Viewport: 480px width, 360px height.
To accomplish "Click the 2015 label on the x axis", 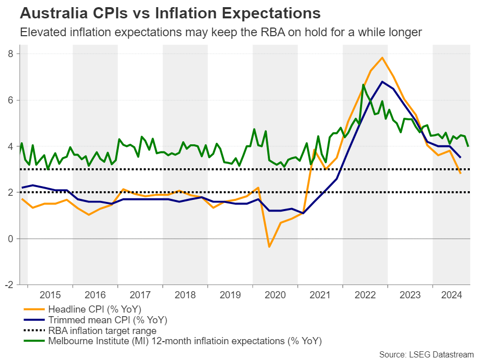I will [x=50, y=295].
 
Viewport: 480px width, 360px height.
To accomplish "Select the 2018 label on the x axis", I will [x=185, y=295].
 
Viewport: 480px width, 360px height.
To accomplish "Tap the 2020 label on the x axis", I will [x=275, y=295].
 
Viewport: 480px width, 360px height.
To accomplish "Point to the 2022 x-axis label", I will [x=365, y=295].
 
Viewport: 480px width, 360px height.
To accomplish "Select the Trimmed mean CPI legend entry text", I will [x=108, y=320].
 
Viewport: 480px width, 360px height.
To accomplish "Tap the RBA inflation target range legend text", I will [x=102, y=330].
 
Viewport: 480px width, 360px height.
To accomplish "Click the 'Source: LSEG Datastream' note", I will [x=426, y=354].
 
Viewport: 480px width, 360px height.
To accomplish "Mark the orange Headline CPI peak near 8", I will [x=382, y=58].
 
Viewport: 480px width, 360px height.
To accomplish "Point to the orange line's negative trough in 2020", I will [x=269, y=247].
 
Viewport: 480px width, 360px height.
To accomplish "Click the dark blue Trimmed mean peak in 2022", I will [x=382, y=82].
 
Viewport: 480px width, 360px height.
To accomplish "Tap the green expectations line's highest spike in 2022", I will [x=363, y=85].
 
